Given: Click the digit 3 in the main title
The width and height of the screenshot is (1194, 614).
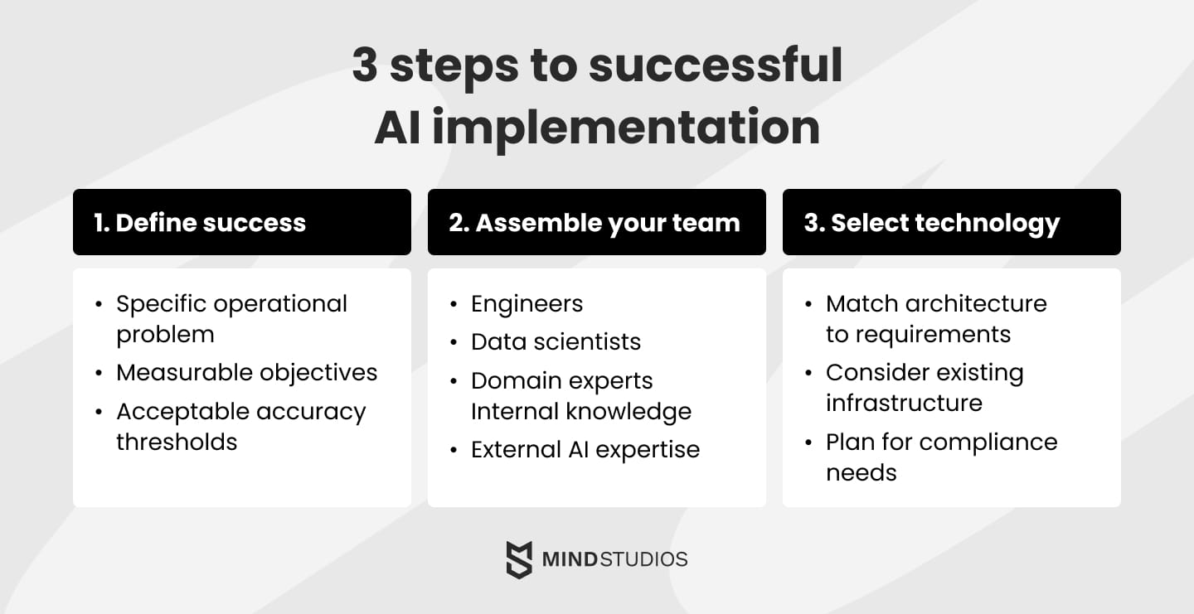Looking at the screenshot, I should coord(365,65).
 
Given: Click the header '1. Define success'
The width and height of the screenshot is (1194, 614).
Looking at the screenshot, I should coord(200,222).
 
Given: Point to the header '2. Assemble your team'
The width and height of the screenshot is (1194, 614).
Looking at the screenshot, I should coord(594,222).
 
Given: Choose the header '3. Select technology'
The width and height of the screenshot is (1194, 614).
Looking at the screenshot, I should coord(932,222).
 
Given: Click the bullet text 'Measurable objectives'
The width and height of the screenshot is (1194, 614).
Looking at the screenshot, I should coord(246,373).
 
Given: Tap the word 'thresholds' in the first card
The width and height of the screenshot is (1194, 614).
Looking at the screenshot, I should coord(177,442).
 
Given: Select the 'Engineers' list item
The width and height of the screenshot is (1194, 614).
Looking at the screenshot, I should coord(527,304).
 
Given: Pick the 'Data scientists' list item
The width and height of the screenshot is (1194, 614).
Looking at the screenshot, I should coord(556,341).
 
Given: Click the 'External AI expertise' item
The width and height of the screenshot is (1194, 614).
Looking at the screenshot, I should coord(585,449).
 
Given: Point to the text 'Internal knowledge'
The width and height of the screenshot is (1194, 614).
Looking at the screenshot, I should coord(580,411).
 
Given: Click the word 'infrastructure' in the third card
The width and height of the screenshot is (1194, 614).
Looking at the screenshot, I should coord(904,403).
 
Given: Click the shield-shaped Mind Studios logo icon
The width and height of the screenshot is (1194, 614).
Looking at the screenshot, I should coord(519,559).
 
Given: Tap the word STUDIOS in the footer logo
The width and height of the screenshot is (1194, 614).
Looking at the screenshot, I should coord(645,559).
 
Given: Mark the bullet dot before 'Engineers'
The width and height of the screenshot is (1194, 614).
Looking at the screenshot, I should coord(454,305).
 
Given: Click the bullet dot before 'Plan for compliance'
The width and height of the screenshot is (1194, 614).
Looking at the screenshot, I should coord(808,442).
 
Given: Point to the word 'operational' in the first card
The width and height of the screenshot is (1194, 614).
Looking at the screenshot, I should coord(279,304).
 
